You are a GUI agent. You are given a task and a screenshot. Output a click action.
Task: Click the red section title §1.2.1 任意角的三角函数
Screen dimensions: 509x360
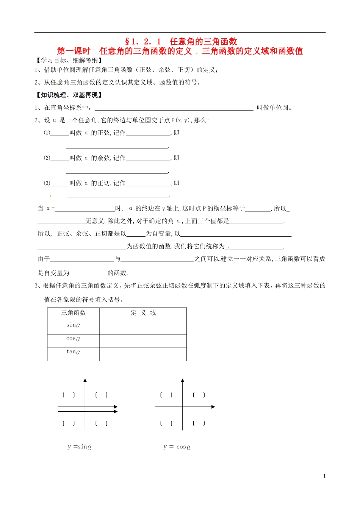click(x=181, y=41)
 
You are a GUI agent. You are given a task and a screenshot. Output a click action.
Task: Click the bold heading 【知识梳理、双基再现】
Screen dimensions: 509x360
click(x=69, y=95)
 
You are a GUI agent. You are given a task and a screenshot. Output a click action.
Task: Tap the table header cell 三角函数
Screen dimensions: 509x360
click(x=74, y=313)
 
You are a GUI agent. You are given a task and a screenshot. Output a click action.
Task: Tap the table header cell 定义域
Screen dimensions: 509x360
click(x=143, y=313)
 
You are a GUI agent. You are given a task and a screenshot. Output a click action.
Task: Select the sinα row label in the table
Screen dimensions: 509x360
click(x=73, y=325)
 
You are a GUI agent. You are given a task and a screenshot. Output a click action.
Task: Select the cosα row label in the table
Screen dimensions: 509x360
click(x=73, y=339)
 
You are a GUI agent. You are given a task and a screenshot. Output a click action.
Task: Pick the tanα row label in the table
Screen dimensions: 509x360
click(x=73, y=352)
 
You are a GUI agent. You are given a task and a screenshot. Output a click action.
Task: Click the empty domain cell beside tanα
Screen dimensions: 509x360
click(x=143, y=354)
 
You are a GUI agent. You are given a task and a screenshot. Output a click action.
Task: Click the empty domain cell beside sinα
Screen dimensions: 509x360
click(x=143, y=328)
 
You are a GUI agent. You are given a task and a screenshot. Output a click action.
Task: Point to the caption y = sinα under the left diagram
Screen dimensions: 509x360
click(x=79, y=447)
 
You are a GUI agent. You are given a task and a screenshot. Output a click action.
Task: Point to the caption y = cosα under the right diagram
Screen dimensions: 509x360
click(x=177, y=447)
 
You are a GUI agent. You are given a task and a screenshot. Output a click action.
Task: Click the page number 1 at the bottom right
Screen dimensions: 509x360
click(x=324, y=476)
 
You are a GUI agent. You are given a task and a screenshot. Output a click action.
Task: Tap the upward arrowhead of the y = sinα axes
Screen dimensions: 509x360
click(x=85, y=380)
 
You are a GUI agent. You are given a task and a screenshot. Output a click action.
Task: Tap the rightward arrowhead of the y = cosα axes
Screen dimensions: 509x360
click(x=213, y=407)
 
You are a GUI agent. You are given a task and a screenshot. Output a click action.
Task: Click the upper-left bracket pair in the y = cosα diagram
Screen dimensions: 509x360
click(x=166, y=395)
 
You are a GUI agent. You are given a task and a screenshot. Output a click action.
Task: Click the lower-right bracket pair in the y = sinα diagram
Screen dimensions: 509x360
click(x=101, y=423)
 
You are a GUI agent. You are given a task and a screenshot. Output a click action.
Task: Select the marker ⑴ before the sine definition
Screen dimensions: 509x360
click(x=47, y=133)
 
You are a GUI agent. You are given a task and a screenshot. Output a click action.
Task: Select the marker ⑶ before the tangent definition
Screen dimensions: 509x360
click(x=47, y=183)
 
